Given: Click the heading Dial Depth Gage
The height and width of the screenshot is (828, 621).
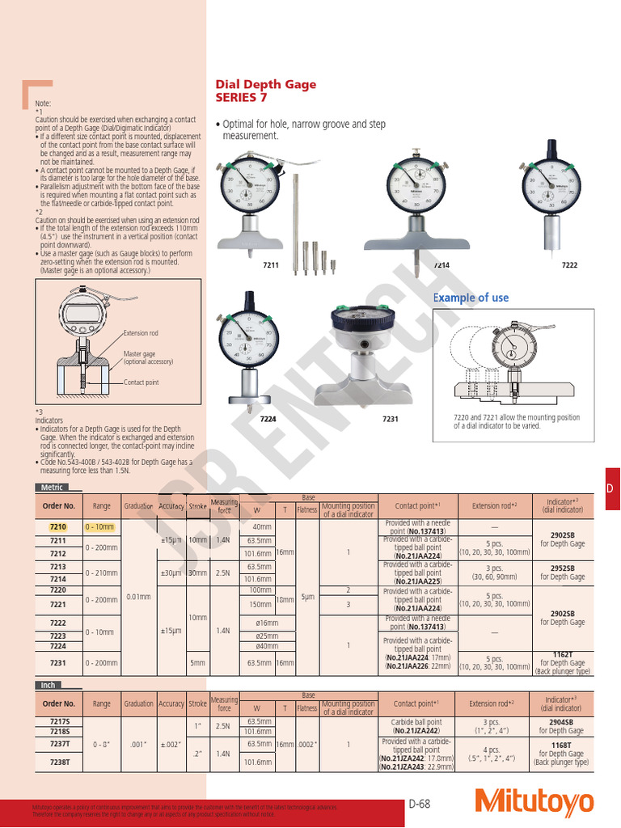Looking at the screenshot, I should [x=265, y=84].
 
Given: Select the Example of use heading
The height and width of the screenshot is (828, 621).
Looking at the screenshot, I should [x=471, y=298].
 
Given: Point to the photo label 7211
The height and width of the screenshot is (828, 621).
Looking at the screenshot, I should [x=270, y=264].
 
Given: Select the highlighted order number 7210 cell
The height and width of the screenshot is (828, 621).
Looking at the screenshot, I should [x=58, y=526].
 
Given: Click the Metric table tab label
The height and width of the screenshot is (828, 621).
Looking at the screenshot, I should [x=50, y=488].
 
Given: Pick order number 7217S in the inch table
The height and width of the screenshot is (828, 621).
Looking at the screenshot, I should [x=58, y=721].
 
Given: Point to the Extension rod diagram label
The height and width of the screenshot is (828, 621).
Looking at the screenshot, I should [x=141, y=333].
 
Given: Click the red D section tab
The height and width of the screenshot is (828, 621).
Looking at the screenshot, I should [x=611, y=488].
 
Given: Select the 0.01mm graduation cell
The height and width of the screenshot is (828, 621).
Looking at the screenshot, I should [x=138, y=597].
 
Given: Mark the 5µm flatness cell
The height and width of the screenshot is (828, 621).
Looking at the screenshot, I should [x=307, y=597].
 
